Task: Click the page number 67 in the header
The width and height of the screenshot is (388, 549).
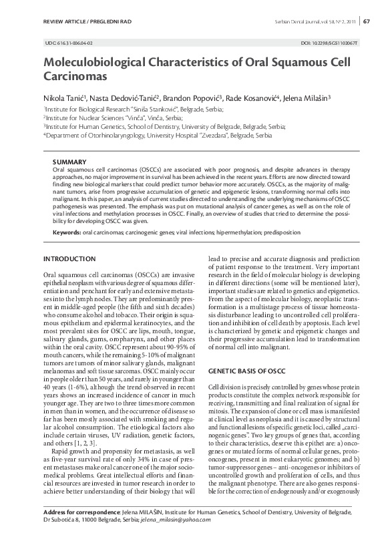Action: click(367, 22)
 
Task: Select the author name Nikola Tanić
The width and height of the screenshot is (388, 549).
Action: click(64, 98)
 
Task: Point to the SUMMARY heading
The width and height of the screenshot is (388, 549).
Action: click(69, 162)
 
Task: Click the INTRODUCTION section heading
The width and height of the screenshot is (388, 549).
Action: click(69, 258)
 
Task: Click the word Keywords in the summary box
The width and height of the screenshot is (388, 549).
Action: click(67, 232)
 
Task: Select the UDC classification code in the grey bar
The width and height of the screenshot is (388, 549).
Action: click(69, 43)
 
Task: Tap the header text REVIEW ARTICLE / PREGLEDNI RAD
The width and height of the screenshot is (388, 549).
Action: click(87, 22)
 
